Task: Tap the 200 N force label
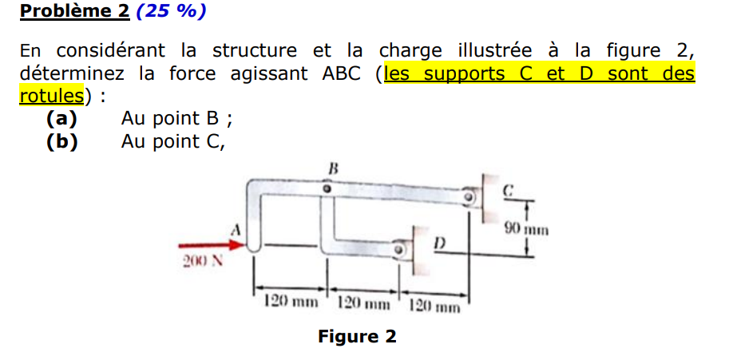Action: coord(199,262)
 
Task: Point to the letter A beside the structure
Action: coord(236,229)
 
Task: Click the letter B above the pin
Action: coord(334,168)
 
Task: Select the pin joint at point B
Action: coord(327,189)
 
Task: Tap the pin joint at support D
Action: coord(398,250)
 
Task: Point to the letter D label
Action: coord(439,241)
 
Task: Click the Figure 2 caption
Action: coord(357,336)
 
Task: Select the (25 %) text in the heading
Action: coord(172,12)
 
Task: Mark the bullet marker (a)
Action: coord(61,119)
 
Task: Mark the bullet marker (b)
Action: coord(61,142)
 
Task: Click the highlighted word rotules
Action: coord(51,97)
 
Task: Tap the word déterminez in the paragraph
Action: coord(71,74)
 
